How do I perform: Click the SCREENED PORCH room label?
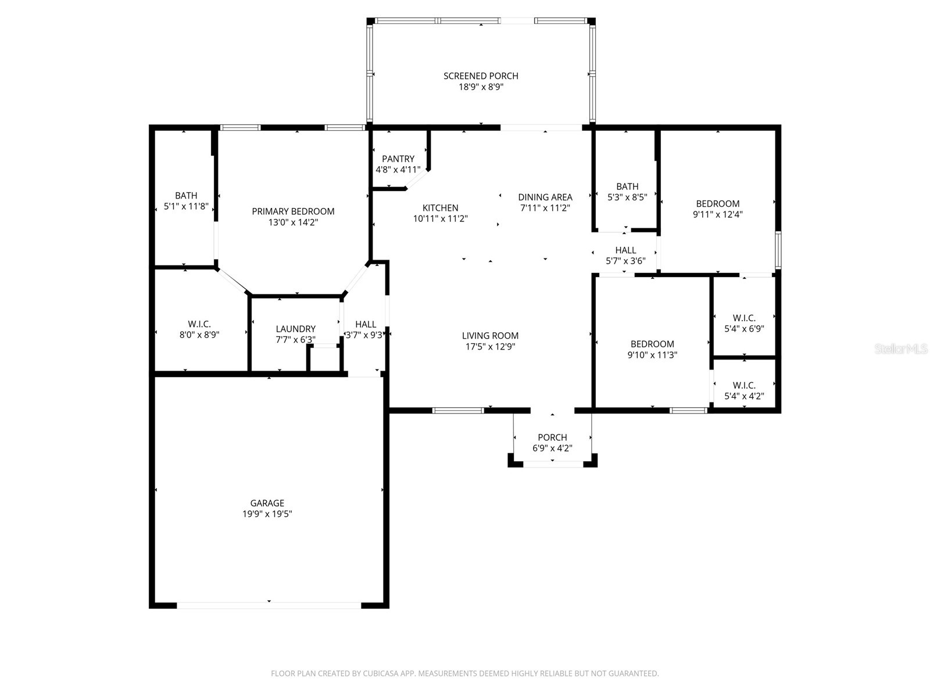coord(481,76)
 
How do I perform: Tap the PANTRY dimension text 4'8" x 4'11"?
coord(398,170)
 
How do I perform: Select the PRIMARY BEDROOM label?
coord(293,211)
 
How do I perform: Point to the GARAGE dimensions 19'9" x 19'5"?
coord(267,514)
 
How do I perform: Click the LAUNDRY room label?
coord(295,329)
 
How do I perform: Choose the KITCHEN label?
coord(440,208)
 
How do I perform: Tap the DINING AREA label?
coord(545,197)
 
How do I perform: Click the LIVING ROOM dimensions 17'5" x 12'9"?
coord(490,347)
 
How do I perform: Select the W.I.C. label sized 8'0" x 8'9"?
coord(199,324)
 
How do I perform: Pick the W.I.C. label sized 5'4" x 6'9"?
coord(744,318)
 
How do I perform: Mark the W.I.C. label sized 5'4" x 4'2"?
coord(744,385)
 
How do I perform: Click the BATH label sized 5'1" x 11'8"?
coord(186,196)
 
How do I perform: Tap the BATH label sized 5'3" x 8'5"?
coord(627,186)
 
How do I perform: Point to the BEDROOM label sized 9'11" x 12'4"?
coord(718,203)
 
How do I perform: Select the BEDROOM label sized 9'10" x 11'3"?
coord(652,344)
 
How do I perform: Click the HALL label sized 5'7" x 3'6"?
coord(625,250)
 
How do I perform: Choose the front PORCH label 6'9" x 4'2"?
coord(552,437)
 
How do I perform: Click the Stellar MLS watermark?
coord(902,349)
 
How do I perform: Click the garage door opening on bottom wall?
coord(269,605)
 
